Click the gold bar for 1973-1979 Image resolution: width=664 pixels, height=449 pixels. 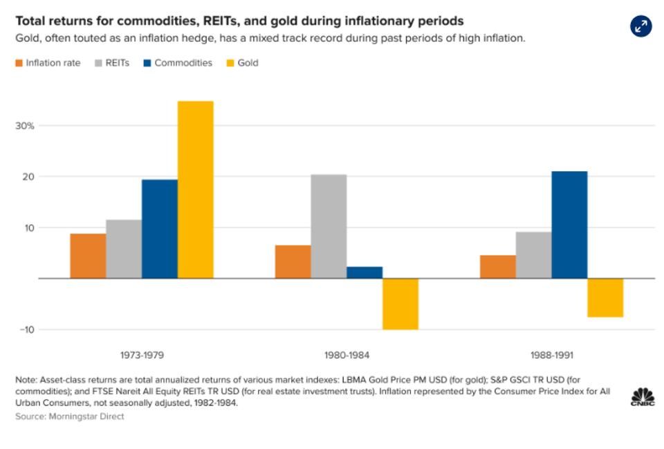tap(196, 189)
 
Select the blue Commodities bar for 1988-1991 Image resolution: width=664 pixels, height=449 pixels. tap(569, 224)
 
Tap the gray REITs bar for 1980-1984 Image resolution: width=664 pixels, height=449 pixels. tap(329, 226)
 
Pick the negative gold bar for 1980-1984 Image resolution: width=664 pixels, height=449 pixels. tap(400, 304)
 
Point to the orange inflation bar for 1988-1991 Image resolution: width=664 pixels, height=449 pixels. tap(497, 267)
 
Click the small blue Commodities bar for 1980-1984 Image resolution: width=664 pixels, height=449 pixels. tap(365, 272)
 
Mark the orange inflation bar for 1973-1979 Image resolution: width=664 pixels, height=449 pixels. tap(88, 256)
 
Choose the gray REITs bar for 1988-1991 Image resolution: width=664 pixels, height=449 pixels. tap(533, 255)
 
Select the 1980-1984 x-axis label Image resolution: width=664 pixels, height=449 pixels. tap(347, 355)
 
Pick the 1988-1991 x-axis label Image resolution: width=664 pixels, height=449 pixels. tap(551, 355)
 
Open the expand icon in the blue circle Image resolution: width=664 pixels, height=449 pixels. tap(641, 26)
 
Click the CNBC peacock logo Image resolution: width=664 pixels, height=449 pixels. tap(642, 396)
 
